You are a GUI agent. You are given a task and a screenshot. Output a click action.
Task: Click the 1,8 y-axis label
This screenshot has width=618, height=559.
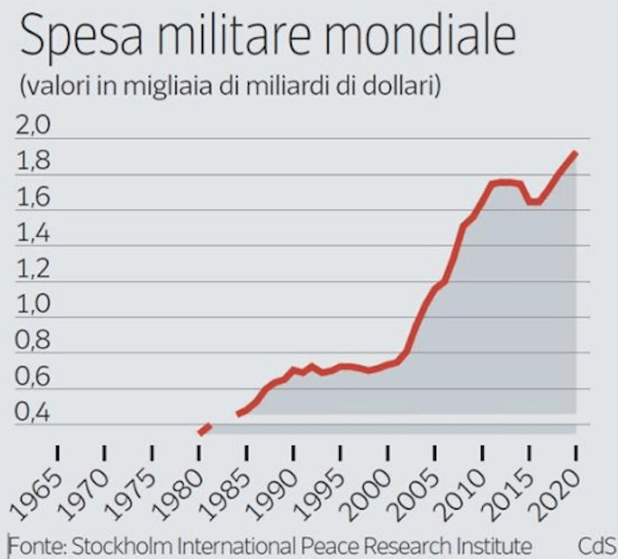pos(34,163)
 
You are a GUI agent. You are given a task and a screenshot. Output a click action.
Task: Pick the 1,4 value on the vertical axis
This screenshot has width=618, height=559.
pos(34,235)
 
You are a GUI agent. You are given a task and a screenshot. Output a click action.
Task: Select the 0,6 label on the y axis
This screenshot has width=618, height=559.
pos(34,377)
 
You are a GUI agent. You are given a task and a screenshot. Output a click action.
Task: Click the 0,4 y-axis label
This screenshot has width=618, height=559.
pos(34,413)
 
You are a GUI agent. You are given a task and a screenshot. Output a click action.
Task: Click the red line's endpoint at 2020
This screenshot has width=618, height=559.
pos(576,154)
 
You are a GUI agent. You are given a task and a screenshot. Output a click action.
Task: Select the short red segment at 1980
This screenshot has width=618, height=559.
pos(204,429)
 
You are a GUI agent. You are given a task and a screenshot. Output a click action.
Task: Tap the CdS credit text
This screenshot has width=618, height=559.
pos(596,543)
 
